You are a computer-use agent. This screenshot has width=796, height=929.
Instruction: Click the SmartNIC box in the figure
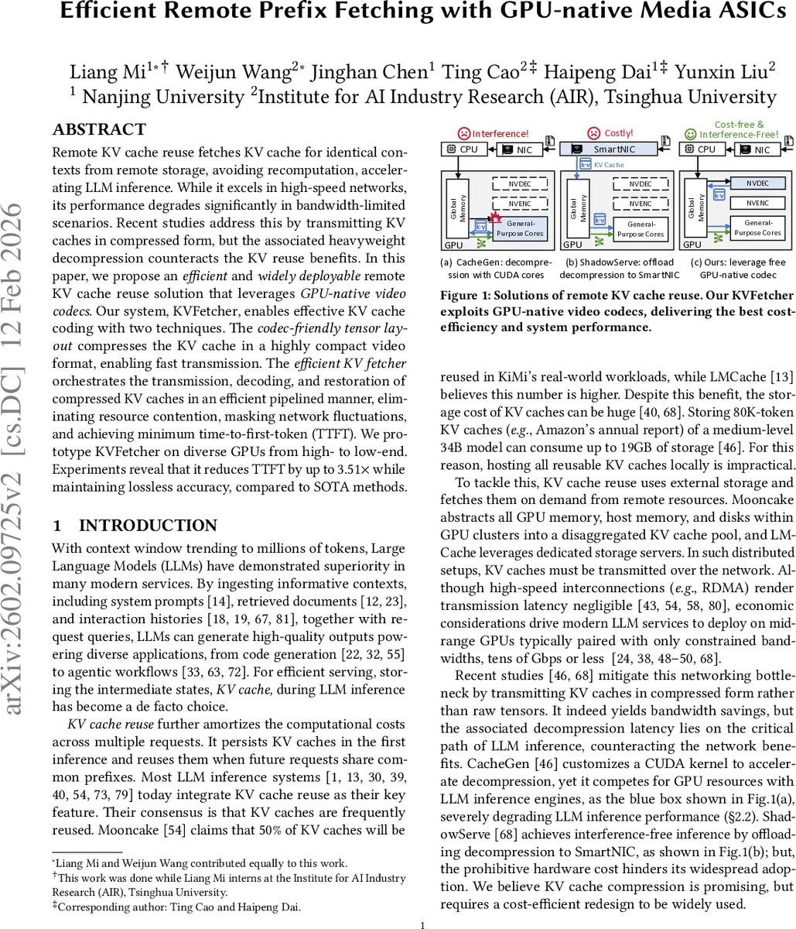click(609, 149)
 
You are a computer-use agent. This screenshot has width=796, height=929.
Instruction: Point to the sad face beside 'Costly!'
click(594, 133)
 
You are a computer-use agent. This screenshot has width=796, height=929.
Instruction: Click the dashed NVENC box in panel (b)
click(640, 204)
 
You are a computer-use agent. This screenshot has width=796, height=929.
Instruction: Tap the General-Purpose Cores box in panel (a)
click(520, 228)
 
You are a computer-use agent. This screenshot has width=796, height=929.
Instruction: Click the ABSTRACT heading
click(99, 129)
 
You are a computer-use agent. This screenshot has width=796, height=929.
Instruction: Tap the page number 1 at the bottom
click(422, 924)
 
